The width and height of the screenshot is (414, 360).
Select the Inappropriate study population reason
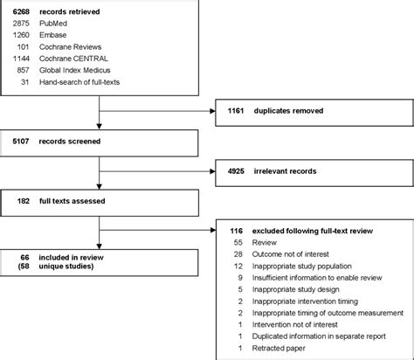click(x=300, y=265)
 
